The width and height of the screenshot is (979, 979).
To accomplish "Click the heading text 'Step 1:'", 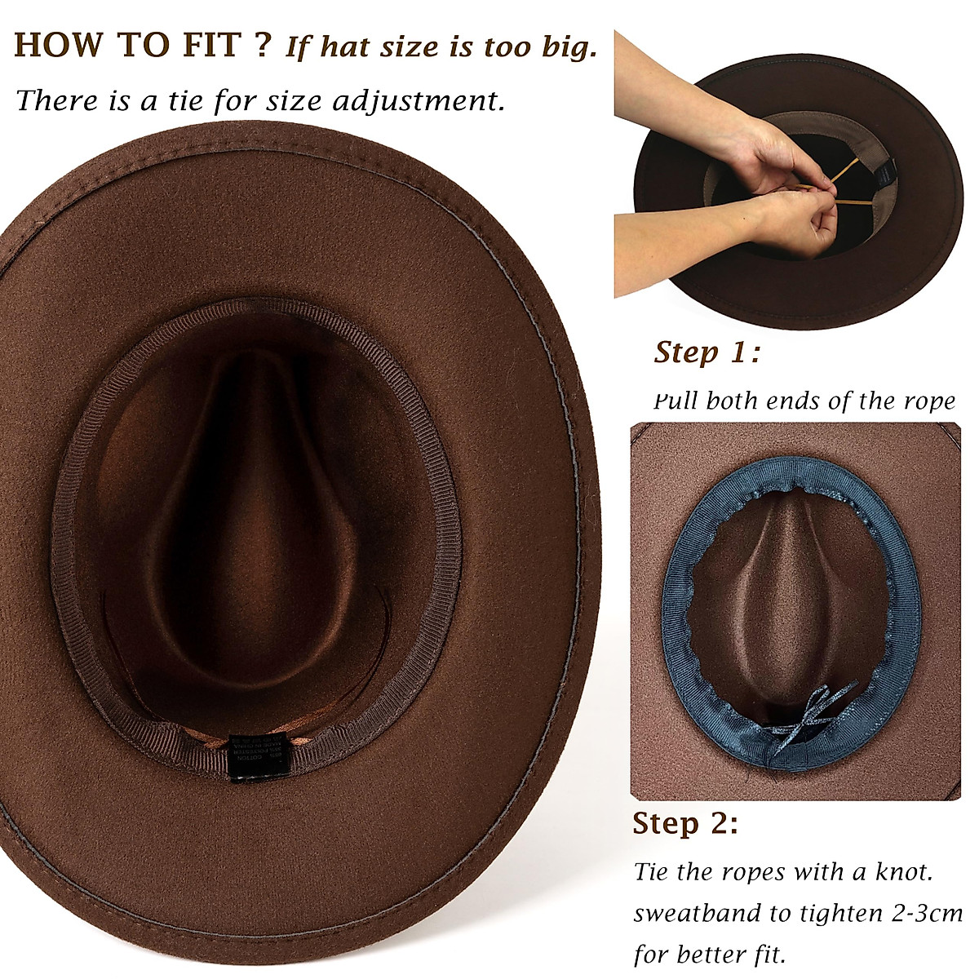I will [707, 353].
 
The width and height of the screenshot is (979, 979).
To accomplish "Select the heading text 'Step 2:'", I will [685, 823].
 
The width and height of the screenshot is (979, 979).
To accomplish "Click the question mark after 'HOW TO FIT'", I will [261, 46].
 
